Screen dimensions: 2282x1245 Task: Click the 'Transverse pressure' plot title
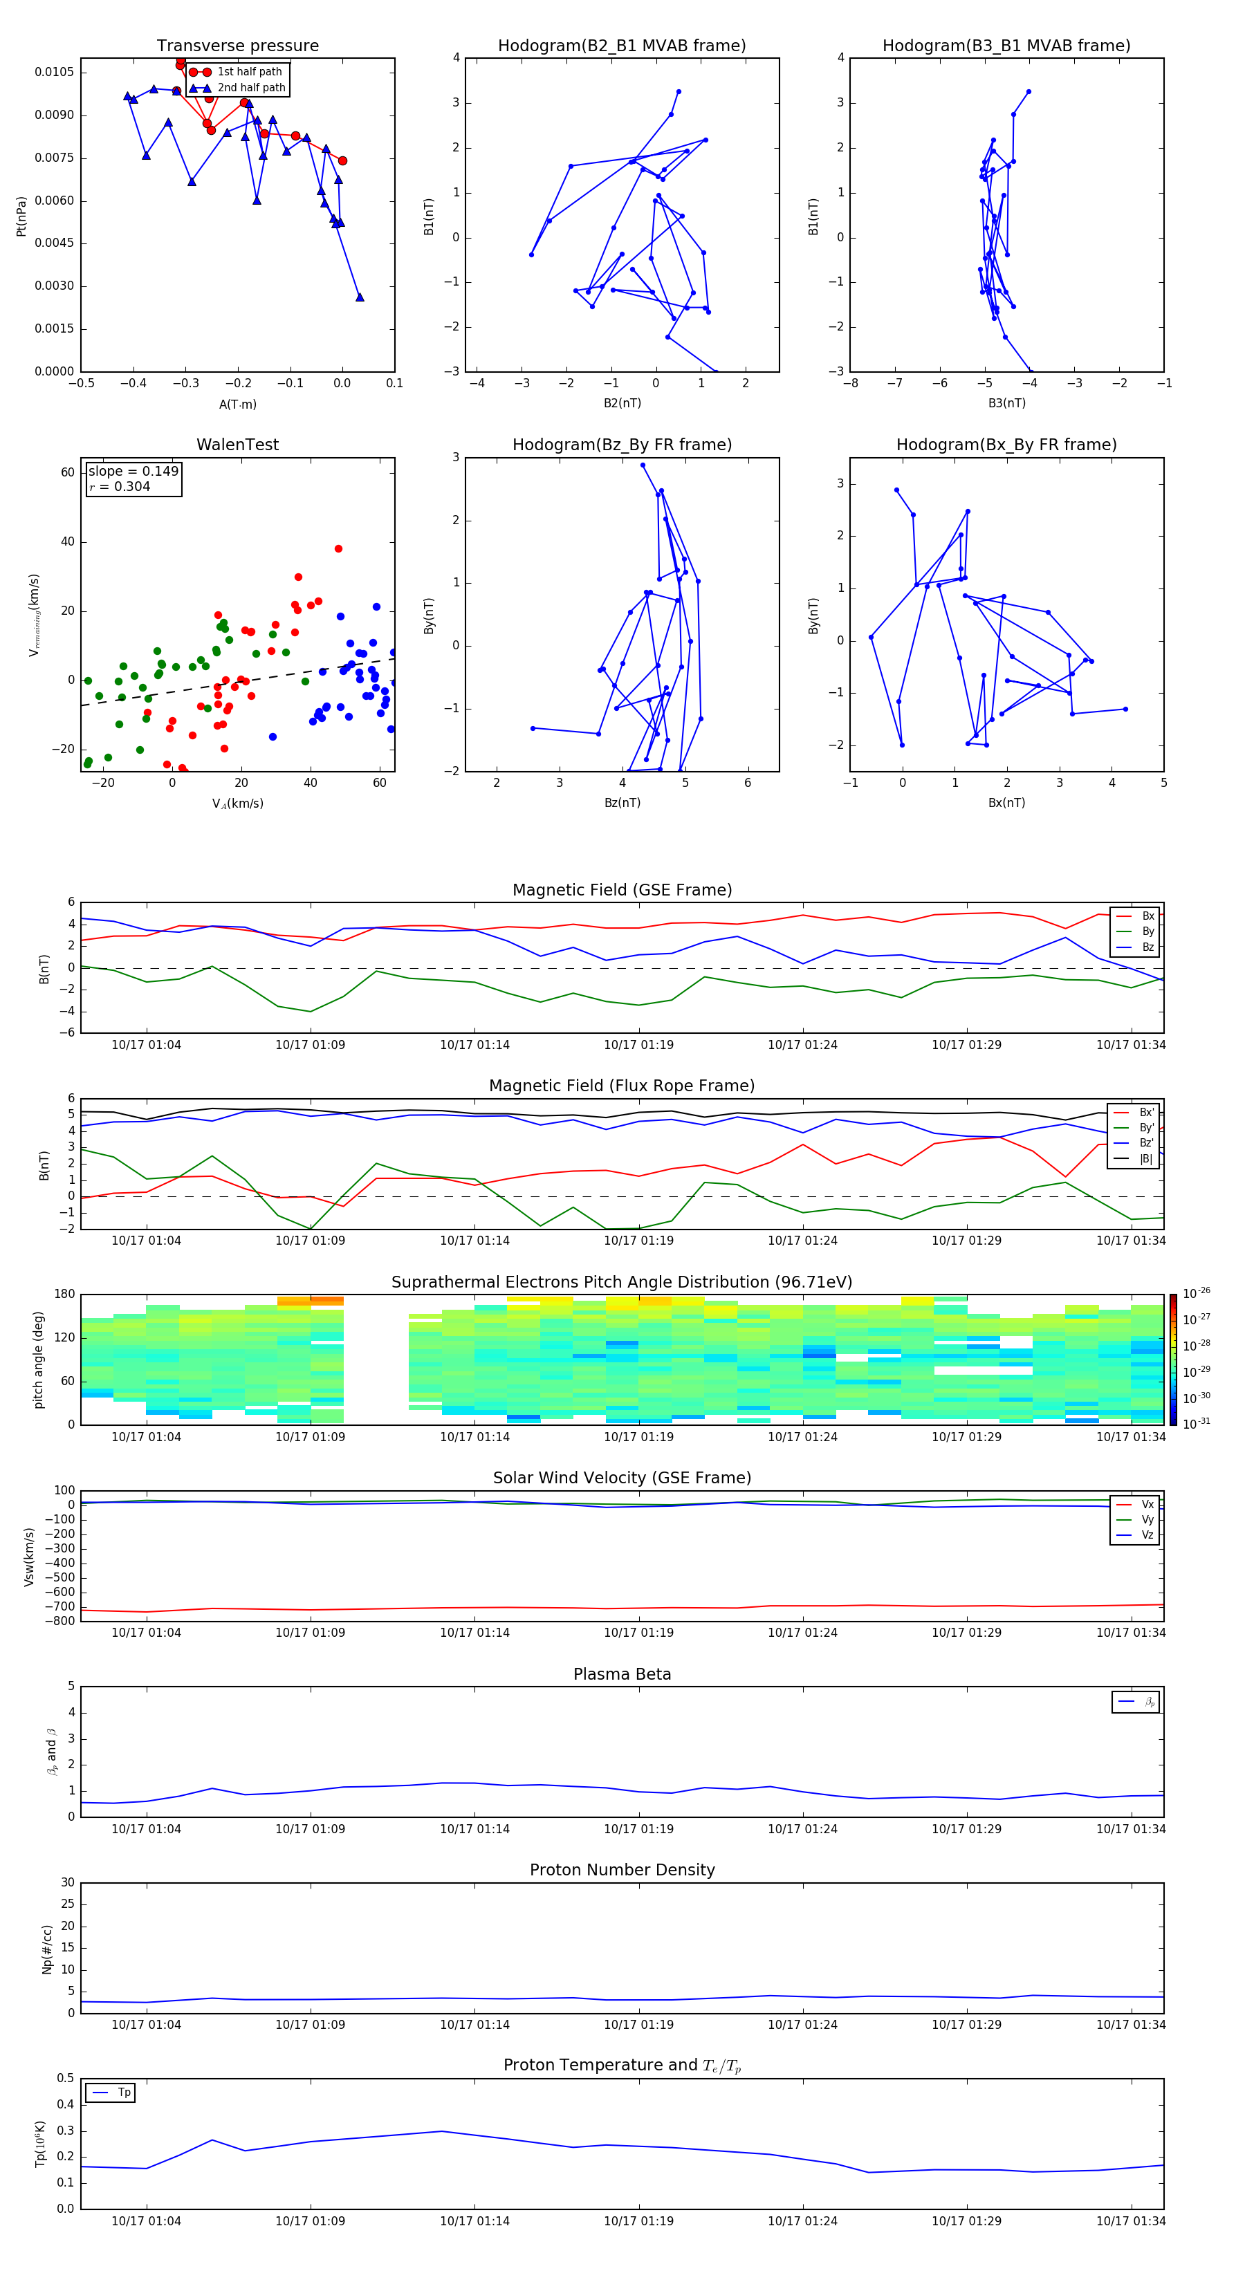(237, 46)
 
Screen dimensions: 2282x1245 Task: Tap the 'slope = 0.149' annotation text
(133, 472)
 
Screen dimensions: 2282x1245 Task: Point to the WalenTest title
(237, 445)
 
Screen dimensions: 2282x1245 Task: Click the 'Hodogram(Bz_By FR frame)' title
(622, 445)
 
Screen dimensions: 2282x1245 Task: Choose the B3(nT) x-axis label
(1006, 403)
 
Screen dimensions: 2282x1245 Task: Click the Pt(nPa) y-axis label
(21, 216)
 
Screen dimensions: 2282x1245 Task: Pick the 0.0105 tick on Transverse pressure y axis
(54, 72)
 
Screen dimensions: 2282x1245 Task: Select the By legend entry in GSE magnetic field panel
(1147, 931)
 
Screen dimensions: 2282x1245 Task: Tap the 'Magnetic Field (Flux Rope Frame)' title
(622, 1086)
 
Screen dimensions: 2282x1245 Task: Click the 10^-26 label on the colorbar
(1197, 1292)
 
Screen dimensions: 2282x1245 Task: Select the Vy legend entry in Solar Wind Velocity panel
(1147, 1519)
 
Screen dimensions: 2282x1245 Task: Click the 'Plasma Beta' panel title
(622, 1674)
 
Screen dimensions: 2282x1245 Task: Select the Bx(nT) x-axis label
(1006, 803)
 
